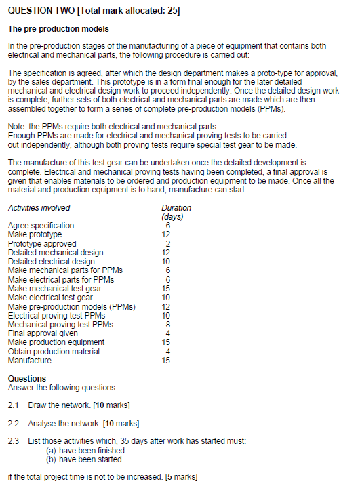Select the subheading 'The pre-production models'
58,30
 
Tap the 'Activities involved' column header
39,208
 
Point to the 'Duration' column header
176,208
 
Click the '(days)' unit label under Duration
174,217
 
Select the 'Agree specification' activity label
41,226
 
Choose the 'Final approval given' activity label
43,333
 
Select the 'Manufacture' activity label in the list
30,361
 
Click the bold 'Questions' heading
27,378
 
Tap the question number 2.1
14,405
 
